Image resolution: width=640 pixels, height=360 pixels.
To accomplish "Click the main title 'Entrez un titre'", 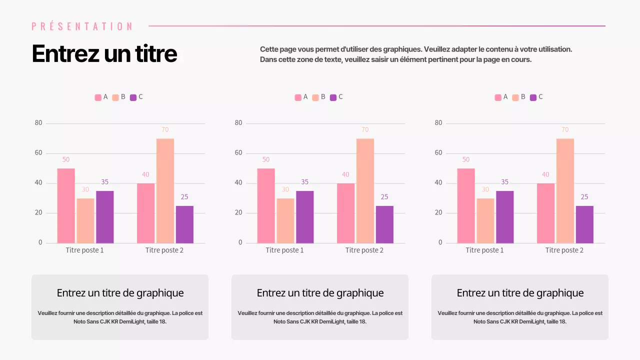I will [104, 53].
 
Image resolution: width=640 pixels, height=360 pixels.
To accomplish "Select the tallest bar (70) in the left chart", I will [165, 190].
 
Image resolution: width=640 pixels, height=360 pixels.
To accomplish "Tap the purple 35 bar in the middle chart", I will [304, 217].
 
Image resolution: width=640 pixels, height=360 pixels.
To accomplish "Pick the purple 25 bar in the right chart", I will [584, 224].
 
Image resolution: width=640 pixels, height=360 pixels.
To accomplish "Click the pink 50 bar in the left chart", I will [66, 205].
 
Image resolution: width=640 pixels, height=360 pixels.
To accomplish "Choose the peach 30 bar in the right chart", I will [485, 220].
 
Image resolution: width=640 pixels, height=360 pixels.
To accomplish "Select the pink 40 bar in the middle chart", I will [345, 213].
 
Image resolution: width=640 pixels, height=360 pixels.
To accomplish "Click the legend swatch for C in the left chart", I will [133, 97].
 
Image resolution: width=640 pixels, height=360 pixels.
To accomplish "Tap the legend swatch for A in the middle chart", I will [298, 97].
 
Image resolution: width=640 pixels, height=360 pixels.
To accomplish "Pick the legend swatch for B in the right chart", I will [515, 97].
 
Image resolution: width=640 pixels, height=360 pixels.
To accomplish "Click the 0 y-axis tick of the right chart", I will [440, 242].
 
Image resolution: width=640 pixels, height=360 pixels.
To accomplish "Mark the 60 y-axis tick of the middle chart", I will [238, 153].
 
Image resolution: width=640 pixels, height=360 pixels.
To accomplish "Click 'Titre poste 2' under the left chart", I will [164, 250].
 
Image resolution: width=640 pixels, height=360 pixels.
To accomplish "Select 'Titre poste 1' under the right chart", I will [484, 250].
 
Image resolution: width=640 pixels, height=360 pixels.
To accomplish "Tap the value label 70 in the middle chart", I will [365, 130].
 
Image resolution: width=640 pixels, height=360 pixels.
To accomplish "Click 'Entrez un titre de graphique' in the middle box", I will [320, 293].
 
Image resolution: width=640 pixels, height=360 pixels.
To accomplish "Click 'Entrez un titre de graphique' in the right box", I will [520, 293].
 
